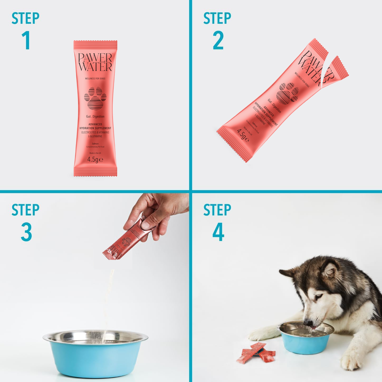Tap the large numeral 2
pos(218,40)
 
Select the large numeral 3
pos(26,232)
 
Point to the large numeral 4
pos(218,232)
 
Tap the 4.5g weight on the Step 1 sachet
pos(95,159)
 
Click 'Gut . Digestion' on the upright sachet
pos(95,117)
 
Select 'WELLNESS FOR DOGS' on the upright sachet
pos(95,79)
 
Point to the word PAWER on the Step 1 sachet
pos(95,57)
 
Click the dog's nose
pos(307,323)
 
